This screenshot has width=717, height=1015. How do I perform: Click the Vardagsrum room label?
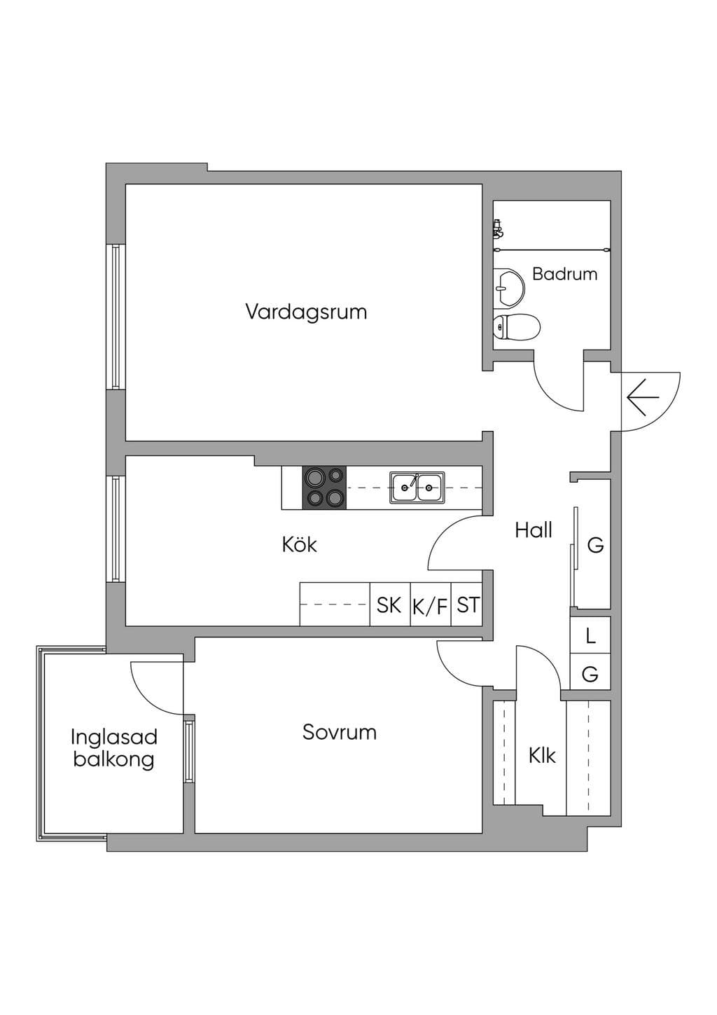pos(306,312)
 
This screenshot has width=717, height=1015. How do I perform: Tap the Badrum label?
pos(564,274)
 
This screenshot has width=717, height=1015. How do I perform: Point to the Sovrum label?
pos(340,732)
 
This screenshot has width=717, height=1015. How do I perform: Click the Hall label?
pos(534,530)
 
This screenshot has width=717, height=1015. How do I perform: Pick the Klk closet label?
pos(542,755)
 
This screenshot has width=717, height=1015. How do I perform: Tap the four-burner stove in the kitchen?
pos(324,488)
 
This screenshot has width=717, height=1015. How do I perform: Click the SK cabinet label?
pos(389,605)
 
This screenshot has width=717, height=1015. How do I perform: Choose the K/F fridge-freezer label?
pos(430,607)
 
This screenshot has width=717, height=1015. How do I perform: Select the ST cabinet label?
pos(468,605)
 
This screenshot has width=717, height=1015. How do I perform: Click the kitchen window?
pos(116,528)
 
